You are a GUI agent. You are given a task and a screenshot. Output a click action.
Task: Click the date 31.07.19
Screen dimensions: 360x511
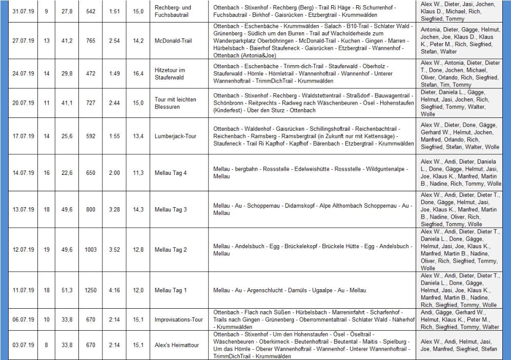pyautogui.click(x=23, y=11)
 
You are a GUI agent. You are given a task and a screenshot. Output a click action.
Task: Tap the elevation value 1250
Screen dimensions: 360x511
pyautogui.click(x=91, y=291)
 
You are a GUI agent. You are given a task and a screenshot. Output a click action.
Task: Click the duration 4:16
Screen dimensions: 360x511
pyautogui.click(x=114, y=291)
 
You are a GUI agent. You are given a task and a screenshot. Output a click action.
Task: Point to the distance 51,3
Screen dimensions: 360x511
pyautogui.click(x=67, y=291)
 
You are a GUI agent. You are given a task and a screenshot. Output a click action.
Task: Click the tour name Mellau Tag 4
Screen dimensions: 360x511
pyautogui.click(x=171, y=173)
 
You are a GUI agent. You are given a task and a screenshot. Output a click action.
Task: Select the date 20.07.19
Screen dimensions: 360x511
pyautogui.click(x=23, y=103)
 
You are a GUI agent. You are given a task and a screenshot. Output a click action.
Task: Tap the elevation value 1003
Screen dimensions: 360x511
pyautogui.click(x=91, y=250)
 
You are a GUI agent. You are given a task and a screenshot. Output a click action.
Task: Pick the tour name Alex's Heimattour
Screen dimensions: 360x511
pyautogui.click(x=177, y=345)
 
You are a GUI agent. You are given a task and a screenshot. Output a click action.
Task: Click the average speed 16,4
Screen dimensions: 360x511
pyautogui.click(x=138, y=74)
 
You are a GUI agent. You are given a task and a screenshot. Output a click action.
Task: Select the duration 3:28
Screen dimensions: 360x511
pyautogui.click(x=114, y=210)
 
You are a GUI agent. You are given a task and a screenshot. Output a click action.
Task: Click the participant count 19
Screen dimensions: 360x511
pyautogui.click(x=46, y=250)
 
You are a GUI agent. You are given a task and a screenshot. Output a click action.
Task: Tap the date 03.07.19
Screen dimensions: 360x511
pyautogui.click(x=23, y=345)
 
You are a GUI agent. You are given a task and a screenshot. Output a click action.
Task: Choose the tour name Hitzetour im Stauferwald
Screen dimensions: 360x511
pyautogui.click(x=171, y=74)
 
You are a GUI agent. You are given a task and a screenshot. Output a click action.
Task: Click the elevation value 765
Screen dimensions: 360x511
pyautogui.click(x=91, y=41)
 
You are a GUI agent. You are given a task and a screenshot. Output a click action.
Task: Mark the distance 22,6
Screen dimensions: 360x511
pyautogui.click(x=67, y=173)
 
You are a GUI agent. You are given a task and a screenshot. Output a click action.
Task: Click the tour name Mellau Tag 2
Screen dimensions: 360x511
pyautogui.click(x=171, y=250)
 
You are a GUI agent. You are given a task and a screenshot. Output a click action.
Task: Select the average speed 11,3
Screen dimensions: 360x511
pyautogui.click(x=138, y=173)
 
